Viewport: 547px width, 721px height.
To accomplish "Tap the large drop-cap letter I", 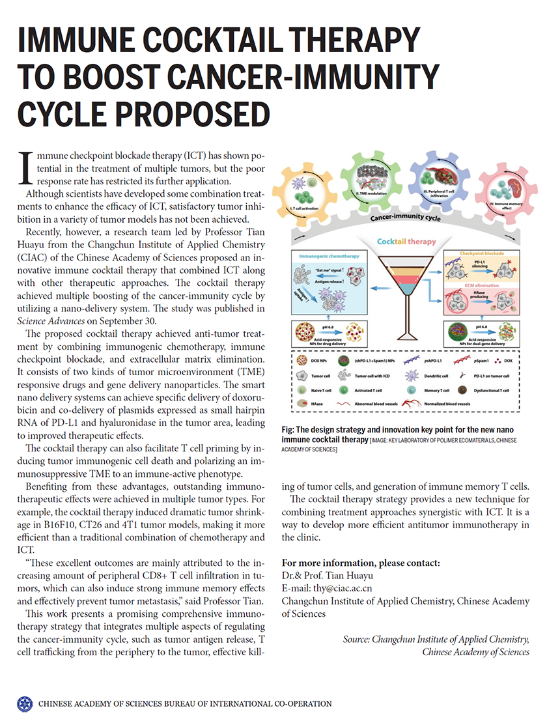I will point(24,167).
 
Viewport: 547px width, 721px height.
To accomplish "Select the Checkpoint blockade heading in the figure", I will point(482,255).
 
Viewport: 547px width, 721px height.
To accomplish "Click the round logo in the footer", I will point(24,703).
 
